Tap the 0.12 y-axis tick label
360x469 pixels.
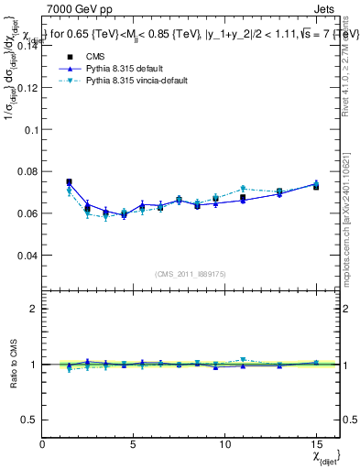[x=29, y=88]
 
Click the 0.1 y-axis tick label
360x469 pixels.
[x=33, y=130]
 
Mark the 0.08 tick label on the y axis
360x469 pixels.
[x=29, y=172]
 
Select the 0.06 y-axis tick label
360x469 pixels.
[x=29, y=213]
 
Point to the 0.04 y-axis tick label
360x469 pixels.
[x=29, y=256]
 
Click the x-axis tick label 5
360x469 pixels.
[x=134, y=443]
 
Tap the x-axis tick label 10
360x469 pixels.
[x=224, y=443]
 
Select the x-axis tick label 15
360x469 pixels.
[x=316, y=443]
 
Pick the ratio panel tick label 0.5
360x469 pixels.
[x=31, y=420]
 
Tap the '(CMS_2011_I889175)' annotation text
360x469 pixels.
[x=191, y=273]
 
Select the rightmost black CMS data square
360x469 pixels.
[x=316, y=186]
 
